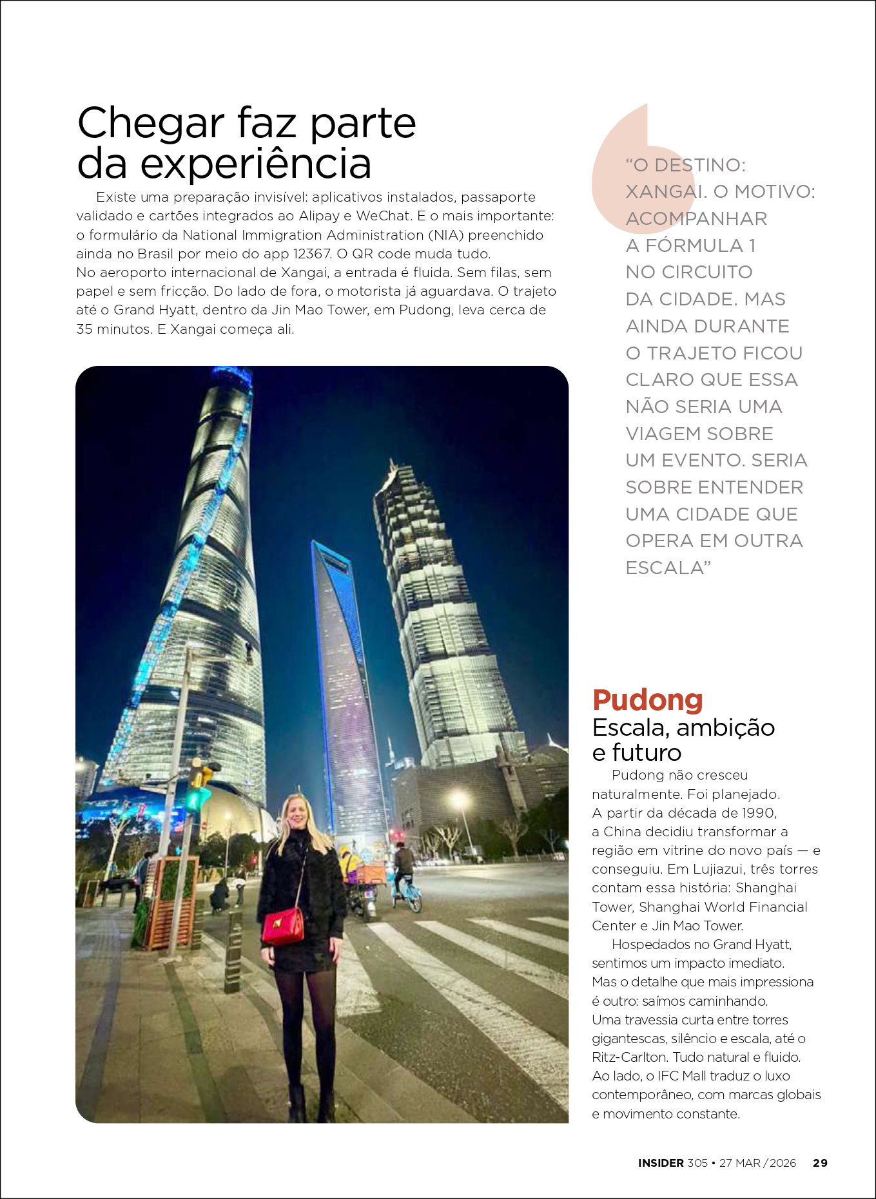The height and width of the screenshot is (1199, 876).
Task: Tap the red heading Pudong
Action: click(x=647, y=700)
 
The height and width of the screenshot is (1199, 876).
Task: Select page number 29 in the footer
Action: click(x=820, y=1163)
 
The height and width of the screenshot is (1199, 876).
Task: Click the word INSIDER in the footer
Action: click(x=661, y=1163)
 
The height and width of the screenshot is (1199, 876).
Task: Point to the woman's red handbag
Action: click(x=283, y=925)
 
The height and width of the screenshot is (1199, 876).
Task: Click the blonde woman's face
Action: click(x=297, y=813)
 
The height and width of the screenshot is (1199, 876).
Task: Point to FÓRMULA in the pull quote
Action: click(x=694, y=245)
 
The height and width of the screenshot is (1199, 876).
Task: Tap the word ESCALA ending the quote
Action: click(x=665, y=568)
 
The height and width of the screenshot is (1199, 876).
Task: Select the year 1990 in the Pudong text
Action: click(x=758, y=812)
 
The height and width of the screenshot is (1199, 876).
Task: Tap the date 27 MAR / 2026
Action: click(x=757, y=1163)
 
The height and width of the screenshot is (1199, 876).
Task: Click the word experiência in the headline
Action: click(x=255, y=164)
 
